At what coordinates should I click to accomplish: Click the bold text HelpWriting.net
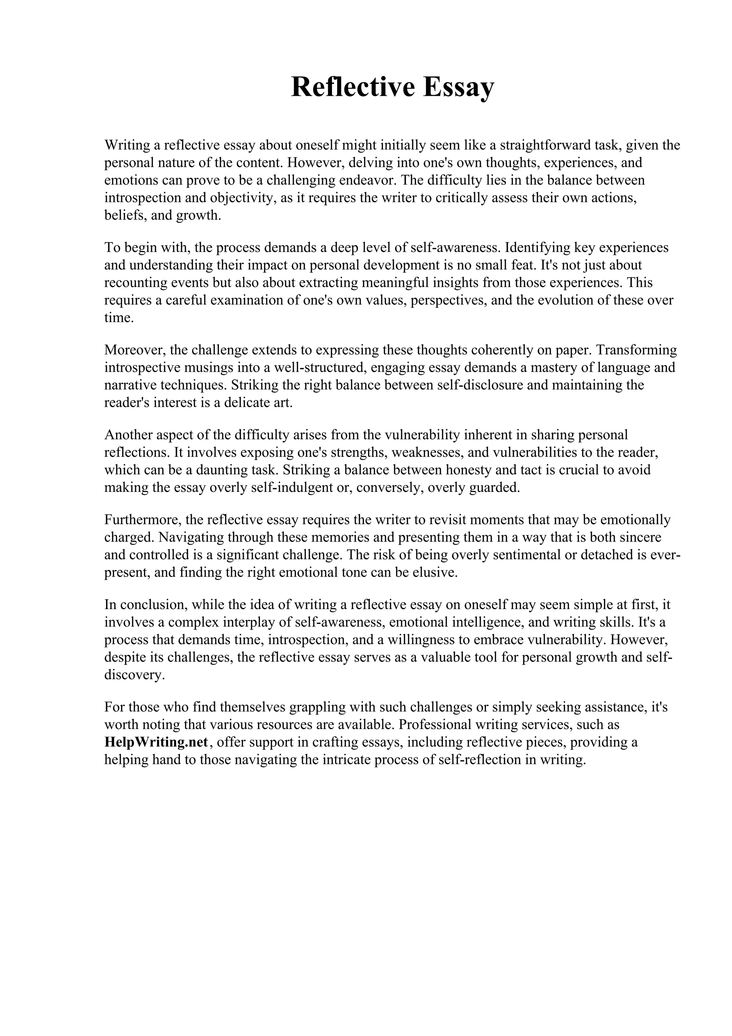coord(156,742)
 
